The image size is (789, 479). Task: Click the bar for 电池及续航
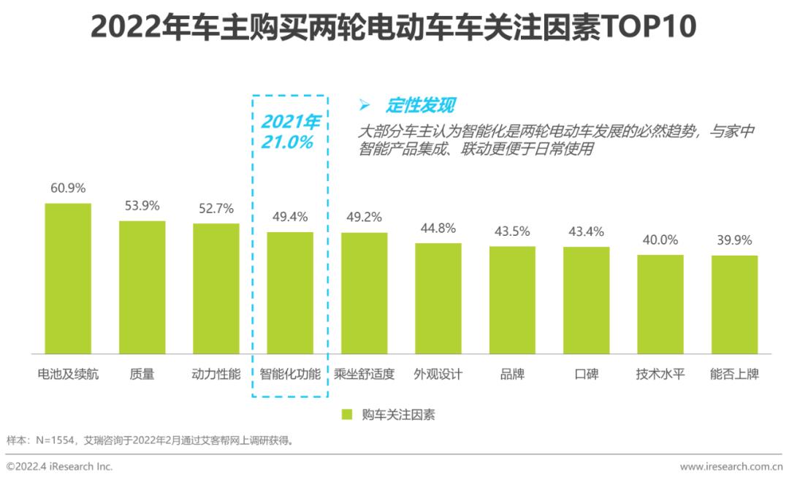[x=68, y=279]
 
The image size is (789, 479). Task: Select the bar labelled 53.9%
[x=142, y=288]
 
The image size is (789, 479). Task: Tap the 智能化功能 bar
[x=290, y=293]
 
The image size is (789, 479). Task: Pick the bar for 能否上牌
[x=734, y=304]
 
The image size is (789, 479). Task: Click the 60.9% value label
[x=68, y=188]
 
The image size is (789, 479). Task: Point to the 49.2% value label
[x=364, y=217]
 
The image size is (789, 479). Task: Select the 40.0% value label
[x=660, y=239]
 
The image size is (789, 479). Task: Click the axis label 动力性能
[x=216, y=375]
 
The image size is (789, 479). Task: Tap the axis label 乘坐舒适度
[x=364, y=375]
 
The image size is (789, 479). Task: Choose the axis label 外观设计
[x=438, y=375]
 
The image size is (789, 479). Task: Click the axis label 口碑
[x=586, y=375]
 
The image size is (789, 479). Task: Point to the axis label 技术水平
[x=660, y=375]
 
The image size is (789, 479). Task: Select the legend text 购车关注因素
[x=398, y=415]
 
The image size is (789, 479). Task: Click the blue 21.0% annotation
[x=287, y=142]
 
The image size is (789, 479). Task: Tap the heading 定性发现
[x=420, y=106]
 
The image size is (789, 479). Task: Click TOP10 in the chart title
[x=648, y=28]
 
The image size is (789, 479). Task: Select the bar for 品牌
[x=512, y=300]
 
